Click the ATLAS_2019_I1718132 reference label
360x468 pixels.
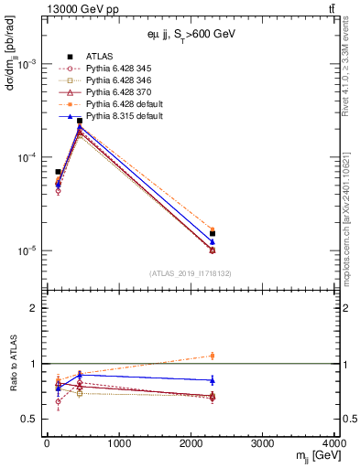click(x=190, y=273)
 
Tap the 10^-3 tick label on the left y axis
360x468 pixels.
click(x=27, y=65)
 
